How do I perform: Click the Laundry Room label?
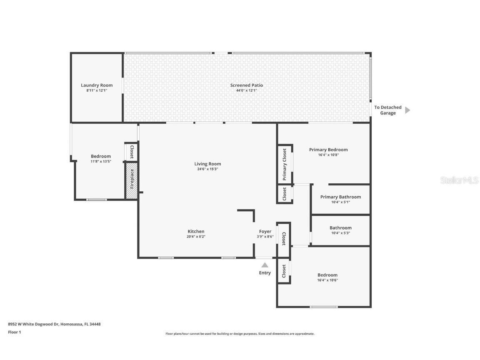click(97, 85)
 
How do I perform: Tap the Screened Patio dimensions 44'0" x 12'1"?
click(246, 90)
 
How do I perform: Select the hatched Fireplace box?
click(132, 180)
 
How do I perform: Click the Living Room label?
click(207, 164)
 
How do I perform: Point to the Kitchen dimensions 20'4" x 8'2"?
click(196, 236)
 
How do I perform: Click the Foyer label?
click(265, 231)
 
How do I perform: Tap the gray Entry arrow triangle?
click(265, 265)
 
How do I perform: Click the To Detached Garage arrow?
click(407, 110)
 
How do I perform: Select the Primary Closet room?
click(285, 164)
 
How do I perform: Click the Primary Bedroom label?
click(328, 150)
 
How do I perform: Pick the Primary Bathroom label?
click(340, 197)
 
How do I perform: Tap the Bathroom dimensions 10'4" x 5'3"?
click(340, 233)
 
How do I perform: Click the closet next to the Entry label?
click(284, 272)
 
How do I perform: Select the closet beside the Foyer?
click(284, 239)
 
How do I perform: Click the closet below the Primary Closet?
click(285, 194)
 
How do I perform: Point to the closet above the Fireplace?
click(131, 152)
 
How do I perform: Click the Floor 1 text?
click(14, 332)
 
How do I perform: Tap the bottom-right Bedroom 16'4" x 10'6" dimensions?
click(327, 280)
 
